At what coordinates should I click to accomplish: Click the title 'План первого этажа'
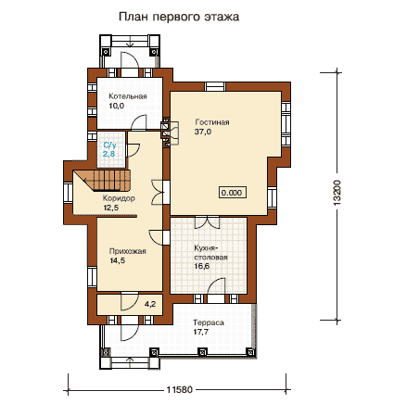[179, 17]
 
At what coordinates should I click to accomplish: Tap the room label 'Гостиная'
[212, 122]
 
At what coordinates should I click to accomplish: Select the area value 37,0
[203, 132]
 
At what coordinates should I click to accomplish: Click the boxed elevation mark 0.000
[232, 193]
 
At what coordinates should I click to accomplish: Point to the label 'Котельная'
[128, 96]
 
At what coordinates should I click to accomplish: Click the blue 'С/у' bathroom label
[109, 145]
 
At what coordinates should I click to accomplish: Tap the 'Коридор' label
[119, 198]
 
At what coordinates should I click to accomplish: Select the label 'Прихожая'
[128, 251]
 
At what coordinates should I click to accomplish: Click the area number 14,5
[118, 260]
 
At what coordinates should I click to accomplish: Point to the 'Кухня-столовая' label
[211, 252]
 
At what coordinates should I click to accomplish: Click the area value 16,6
[202, 266]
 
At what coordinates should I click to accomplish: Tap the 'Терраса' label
[209, 322]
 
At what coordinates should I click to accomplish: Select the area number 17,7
[201, 332]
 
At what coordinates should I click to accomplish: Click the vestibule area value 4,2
[150, 304]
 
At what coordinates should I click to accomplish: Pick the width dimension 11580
[180, 390]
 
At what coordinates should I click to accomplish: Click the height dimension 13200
[337, 193]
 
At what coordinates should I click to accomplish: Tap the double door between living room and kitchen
[207, 221]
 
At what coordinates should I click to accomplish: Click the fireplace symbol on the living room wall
[170, 133]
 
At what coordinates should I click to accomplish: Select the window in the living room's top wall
[215, 86]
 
